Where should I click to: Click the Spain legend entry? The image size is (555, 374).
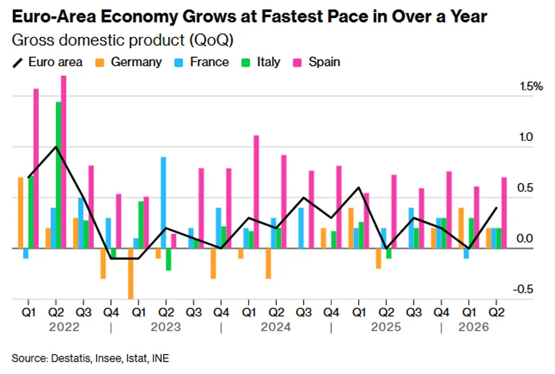pos(317,62)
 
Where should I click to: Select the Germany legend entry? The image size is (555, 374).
pos(129,62)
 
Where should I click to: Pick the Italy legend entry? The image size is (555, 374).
pos(261,62)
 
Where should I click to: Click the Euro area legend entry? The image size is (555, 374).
pos(47,62)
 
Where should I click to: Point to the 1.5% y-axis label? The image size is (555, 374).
pos(531,86)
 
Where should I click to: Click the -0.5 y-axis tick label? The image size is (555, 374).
pos(523,289)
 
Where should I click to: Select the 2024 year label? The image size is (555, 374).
pos(276,327)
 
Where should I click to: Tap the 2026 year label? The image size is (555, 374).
pos(474,327)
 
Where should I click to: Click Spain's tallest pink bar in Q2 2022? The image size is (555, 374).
pos(64,162)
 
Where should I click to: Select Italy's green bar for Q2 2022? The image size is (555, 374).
pos(58,175)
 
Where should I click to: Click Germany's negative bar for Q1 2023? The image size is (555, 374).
pos(131,274)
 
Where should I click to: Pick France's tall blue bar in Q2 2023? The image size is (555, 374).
pos(163,203)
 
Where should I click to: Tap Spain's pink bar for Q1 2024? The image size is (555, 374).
pos(256,192)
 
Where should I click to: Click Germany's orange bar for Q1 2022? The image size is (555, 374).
pos(21,213)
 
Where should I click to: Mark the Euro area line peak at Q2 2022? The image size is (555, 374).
pos(56,147)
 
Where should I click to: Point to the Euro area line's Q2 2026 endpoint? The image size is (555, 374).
pos(496,208)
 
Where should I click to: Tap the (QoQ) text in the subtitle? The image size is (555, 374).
pos(211,40)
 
